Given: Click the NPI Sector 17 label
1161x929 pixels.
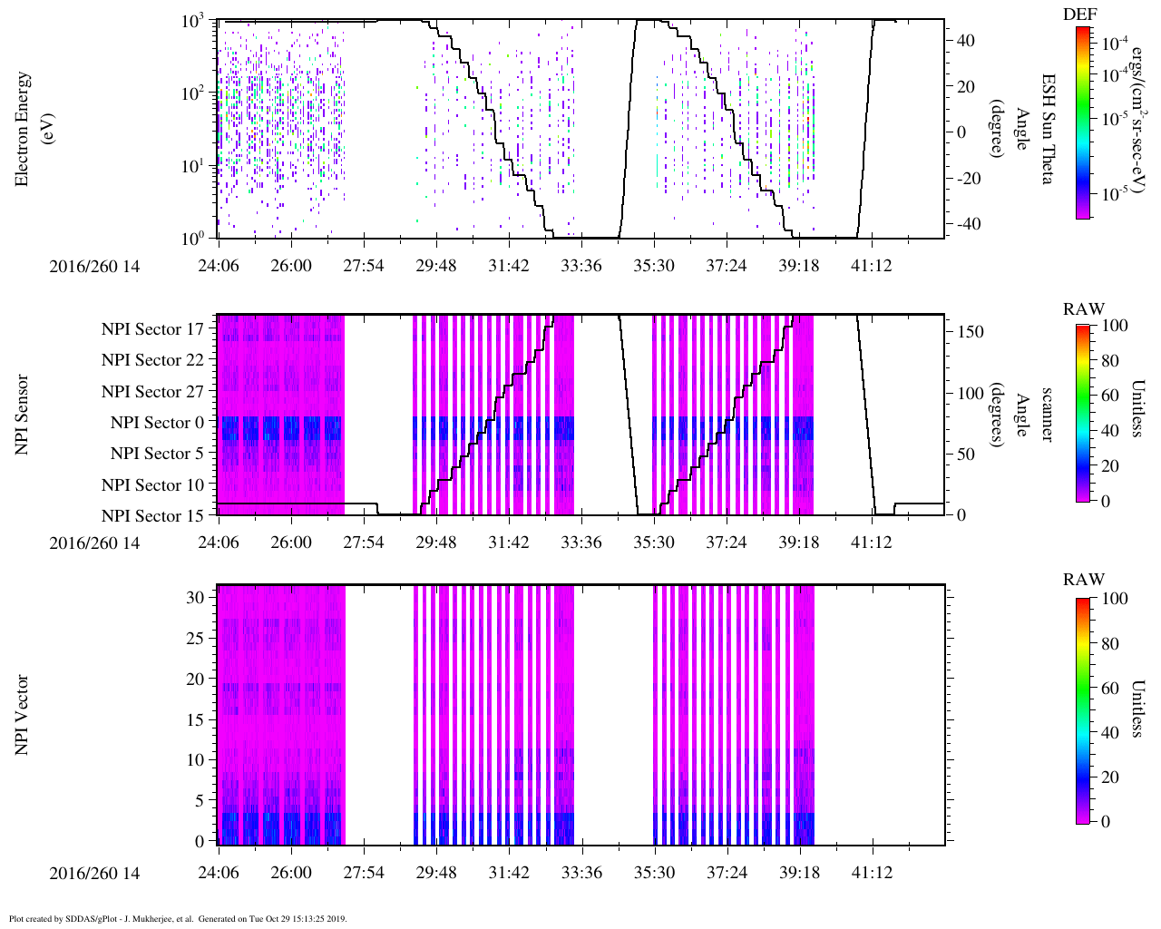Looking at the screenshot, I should (x=152, y=329).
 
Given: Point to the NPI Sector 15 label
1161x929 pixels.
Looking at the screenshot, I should (x=152, y=516).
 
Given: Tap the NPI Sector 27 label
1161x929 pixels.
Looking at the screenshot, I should (x=152, y=392).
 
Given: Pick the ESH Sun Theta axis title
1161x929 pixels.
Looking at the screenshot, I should (x=1046, y=129).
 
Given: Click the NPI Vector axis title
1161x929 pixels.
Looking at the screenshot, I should (x=22, y=715).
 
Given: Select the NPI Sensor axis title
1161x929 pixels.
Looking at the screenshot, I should (x=22, y=415).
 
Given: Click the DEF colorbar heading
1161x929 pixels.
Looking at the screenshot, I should (x=1079, y=14).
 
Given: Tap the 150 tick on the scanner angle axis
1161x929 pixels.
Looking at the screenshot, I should (x=971, y=332).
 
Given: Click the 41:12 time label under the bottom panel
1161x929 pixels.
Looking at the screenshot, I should (x=872, y=873).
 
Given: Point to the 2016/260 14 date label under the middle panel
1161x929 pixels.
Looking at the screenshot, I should (x=95, y=543).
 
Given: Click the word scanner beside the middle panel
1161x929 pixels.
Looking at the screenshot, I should (x=1046, y=415).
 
